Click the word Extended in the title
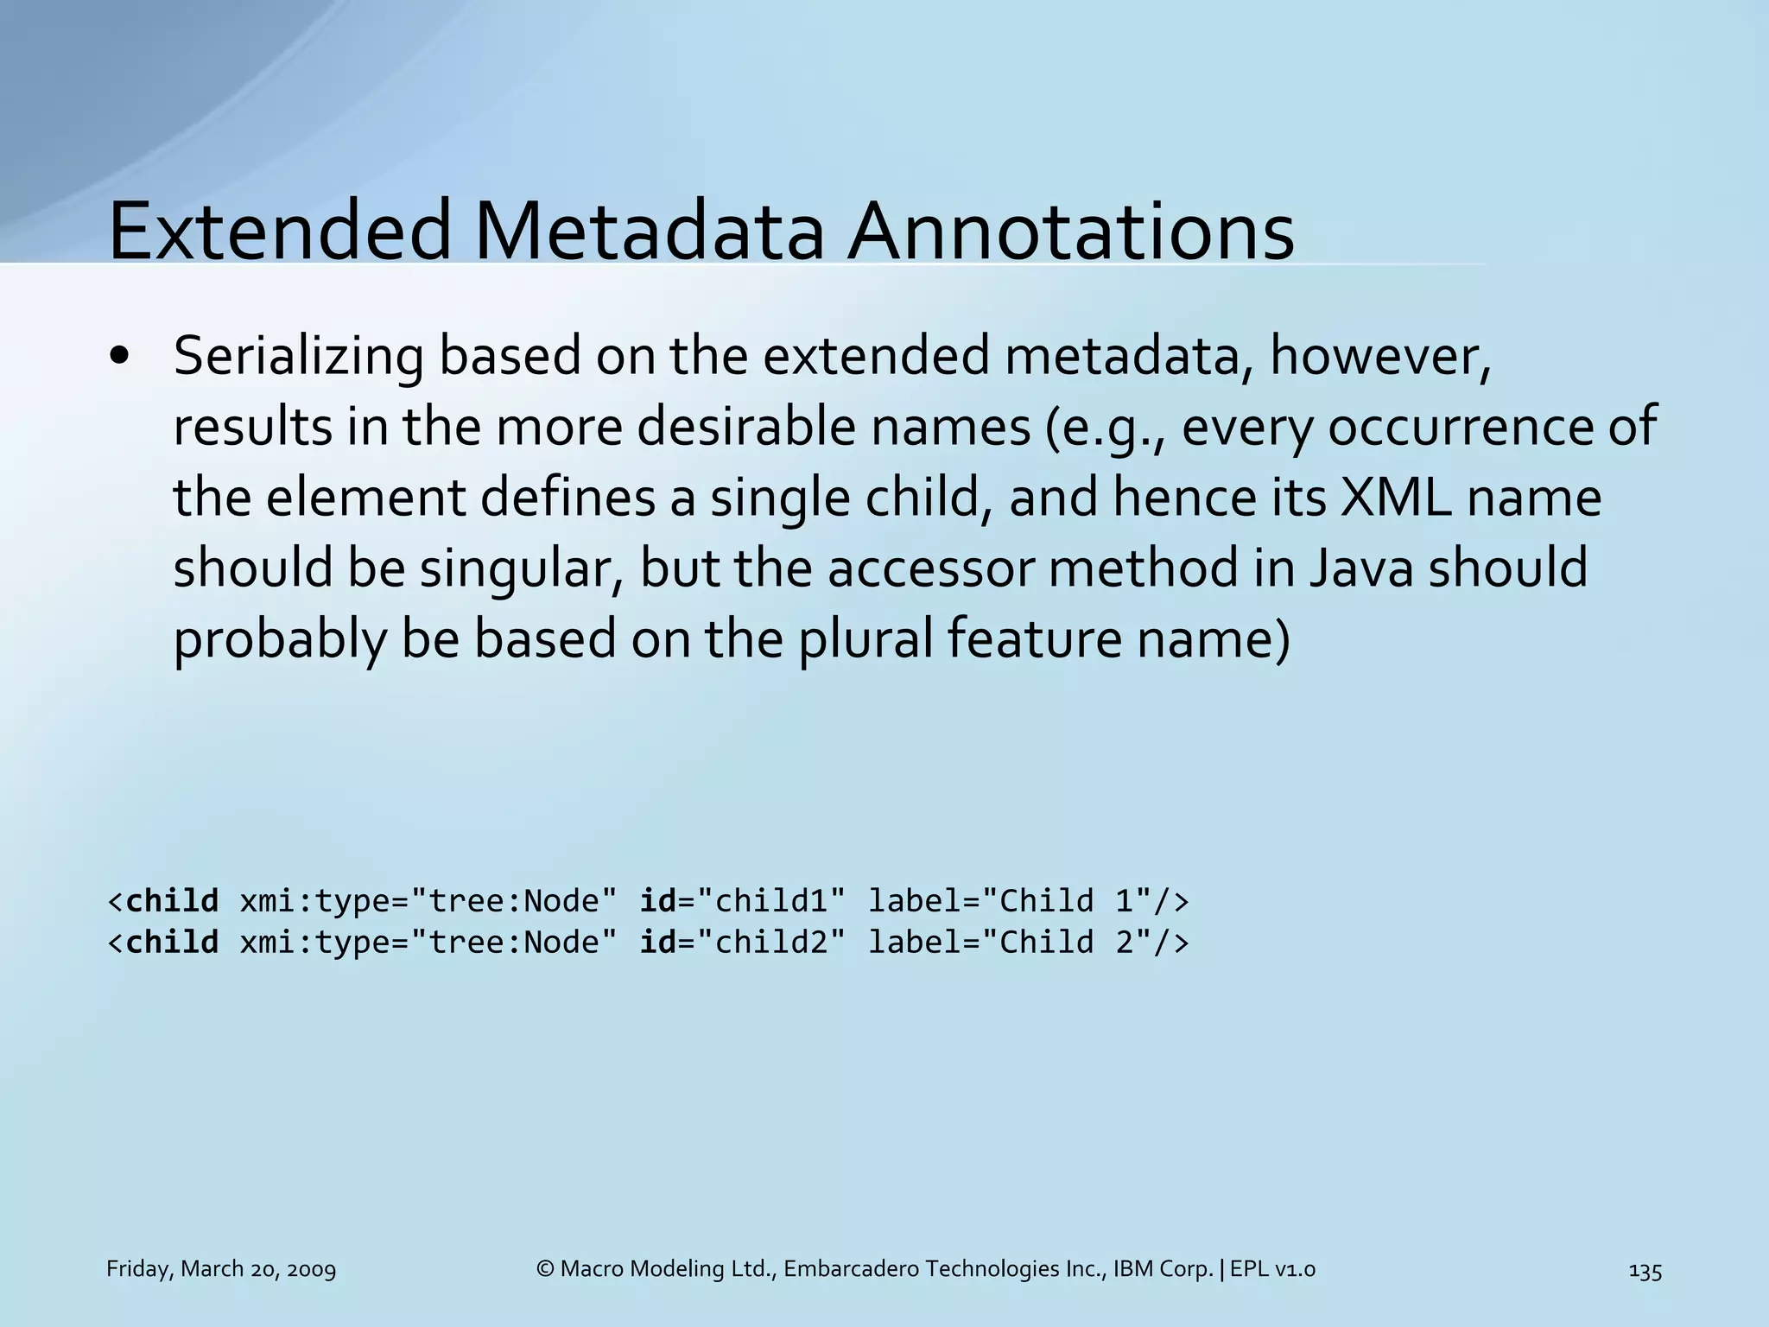pyautogui.click(x=279, y=231)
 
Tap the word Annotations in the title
pyautogui.click(x=1069, y=231)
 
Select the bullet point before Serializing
pyautogui.click(x=120, y=358)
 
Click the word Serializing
pyautogui.click(x=298, y=356)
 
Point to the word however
pyautogui.click(x=1379, y=356)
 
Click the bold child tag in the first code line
pyautogui.click(x=172, y=901)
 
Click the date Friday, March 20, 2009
pyautogui.click(x=221, y=1269)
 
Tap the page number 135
pyautogui.click(x=1645, y=1270)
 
